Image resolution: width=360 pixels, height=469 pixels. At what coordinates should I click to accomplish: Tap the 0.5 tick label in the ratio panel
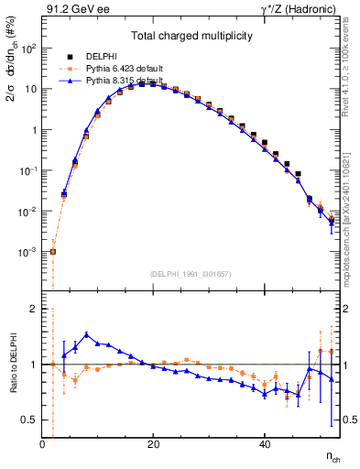point(29,420)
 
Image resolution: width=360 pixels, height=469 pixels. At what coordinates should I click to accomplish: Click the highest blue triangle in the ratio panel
point(86,334)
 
